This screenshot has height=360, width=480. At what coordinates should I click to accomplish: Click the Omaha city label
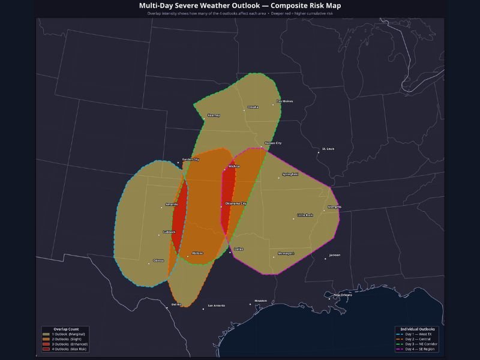pos(253,107)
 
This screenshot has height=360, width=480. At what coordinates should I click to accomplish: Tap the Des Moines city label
pos(285,101)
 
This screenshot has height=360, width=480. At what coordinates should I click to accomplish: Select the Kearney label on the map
pos(214,115)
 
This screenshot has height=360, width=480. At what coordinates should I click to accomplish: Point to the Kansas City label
pos(273,143)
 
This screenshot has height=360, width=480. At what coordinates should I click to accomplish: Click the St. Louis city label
pos(328,149)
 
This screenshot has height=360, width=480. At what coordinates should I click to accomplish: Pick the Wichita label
pos(234,166)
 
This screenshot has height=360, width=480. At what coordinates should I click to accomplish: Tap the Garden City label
pos(191,160)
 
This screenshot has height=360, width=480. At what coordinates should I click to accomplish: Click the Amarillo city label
pos(172,205)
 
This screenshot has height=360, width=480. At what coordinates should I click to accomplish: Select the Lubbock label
pos(169,232)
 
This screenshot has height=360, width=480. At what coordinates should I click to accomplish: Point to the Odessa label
pos(158,260)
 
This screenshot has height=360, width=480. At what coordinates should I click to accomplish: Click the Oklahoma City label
pos(236,204)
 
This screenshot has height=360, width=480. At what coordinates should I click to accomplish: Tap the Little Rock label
pos(305,215)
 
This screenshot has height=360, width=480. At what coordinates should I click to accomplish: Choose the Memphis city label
pos(334,207)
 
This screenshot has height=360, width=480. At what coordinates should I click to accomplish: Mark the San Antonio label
pos(216,306)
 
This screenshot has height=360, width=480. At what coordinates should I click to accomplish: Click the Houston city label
pos(260,301)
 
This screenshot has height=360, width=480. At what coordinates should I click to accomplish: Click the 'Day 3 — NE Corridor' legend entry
pos(421,344)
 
